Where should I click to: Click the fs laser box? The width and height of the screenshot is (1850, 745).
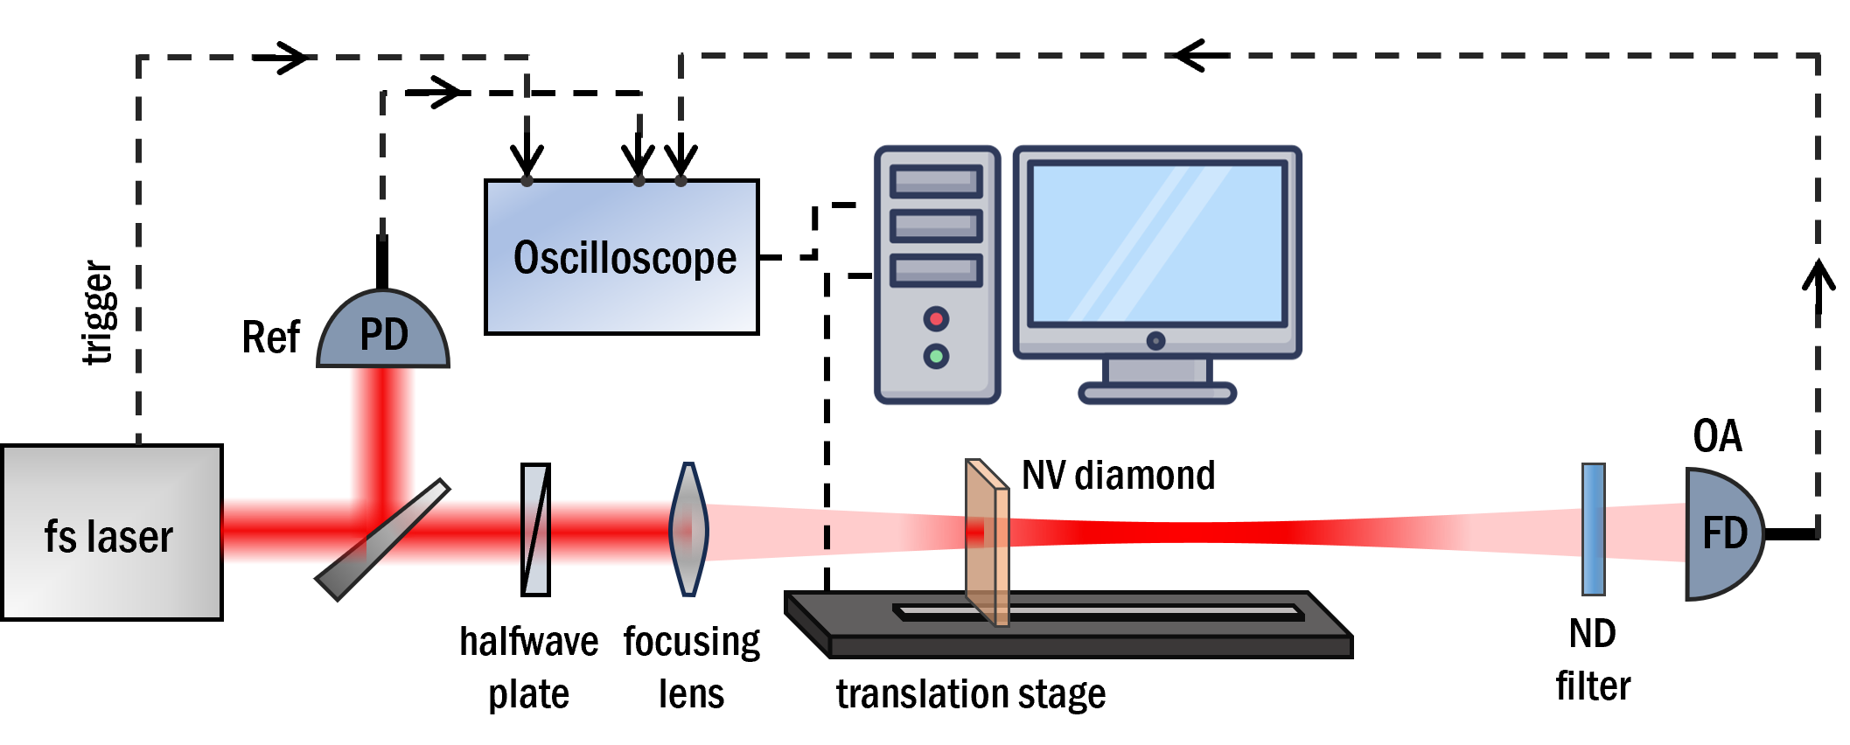coord(112,533)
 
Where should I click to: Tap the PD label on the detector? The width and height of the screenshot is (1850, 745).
coord(384,335)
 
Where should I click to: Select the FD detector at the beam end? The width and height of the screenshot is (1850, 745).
coord(1722,534)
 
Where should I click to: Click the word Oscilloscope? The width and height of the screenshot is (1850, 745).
coord(625,258)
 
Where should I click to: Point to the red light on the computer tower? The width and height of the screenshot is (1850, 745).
coord(936,319)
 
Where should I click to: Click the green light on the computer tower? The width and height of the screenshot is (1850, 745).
coord(936,356)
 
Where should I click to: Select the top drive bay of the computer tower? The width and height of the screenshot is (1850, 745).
coord(936,182)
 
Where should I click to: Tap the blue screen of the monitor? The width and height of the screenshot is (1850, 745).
coord(1157,243)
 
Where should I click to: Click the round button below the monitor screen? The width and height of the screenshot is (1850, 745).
coord(1155,341)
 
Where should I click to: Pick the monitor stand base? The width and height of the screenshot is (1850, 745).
coord(1157,393)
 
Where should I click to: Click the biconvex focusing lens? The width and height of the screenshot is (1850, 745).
coord(688,529)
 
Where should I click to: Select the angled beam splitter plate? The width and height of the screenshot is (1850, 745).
coord(382,540)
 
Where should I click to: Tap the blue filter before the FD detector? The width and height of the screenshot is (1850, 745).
coord(1594,530)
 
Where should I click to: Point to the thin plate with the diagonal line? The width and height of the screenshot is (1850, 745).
coord(535,530)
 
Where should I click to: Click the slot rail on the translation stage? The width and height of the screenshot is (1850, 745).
coord(1098,611)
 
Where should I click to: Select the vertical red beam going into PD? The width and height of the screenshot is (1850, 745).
coord(382,428)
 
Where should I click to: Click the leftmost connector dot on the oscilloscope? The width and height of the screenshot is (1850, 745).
coord(527,181)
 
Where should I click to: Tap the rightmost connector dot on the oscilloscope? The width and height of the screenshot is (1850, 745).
coord(681,181)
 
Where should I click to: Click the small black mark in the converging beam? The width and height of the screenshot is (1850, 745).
coord(827,536)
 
